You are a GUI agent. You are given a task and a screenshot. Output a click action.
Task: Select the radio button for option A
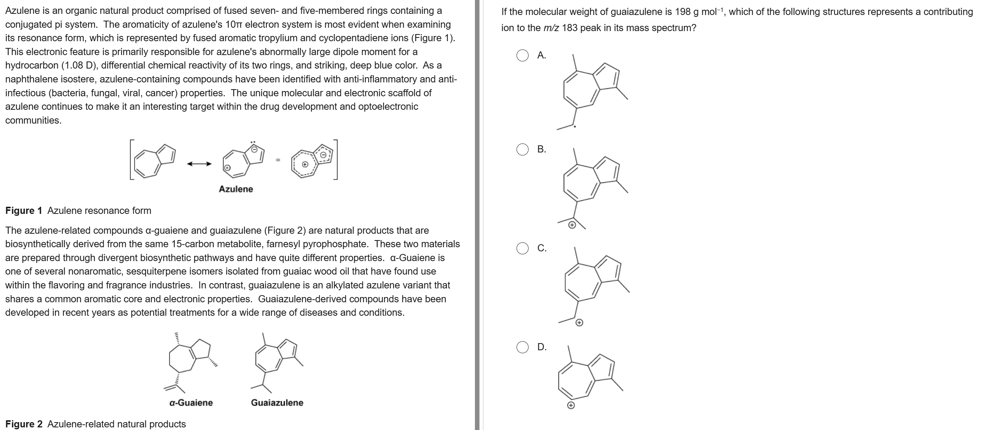pos(522,55)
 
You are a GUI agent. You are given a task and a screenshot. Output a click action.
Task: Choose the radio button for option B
pos(522,149)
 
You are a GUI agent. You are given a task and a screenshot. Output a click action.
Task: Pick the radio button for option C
pos(522,248)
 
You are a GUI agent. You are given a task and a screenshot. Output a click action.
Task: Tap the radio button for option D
pos(522,347)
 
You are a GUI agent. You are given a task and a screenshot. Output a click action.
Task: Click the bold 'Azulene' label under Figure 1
pos(236,189)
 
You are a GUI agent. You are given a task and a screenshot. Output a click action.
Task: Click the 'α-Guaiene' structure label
pos(191,403)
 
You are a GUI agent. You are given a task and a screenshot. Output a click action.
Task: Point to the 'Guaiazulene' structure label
pos(277,403)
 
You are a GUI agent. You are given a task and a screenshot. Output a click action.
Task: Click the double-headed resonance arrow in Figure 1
pos(199,164)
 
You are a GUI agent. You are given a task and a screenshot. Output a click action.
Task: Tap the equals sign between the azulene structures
pos(278,160)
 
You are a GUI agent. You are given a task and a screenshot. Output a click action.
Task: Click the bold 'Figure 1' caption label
pos(24,211)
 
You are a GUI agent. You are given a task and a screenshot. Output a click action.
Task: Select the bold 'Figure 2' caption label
pos(24,424)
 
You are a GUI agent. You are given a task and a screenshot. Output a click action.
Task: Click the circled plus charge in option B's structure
pos(572,225)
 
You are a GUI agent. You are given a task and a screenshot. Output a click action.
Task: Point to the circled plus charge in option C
pos(579,323)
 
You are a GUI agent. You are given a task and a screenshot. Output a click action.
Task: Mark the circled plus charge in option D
pos(571,406)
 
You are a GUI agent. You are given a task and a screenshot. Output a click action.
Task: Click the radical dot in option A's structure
pos(575,126)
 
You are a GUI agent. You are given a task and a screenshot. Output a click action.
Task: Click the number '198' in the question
pos(683,12)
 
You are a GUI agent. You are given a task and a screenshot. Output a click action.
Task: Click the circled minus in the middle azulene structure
pos(256,150)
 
